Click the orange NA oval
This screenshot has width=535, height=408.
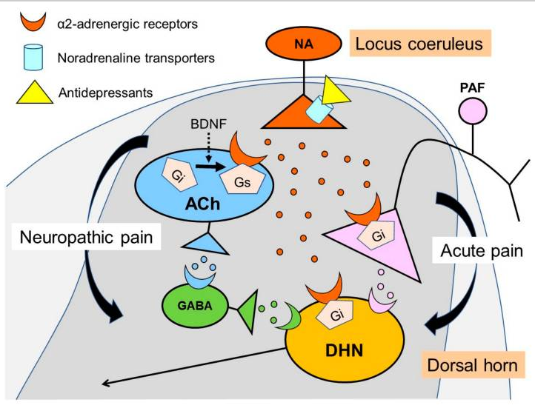click(304, 44)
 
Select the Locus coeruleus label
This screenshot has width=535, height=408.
click(419, 43)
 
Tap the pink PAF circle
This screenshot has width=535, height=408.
click(473, 111)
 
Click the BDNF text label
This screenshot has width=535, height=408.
click(208, 124)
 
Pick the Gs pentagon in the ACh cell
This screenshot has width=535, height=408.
click(242, 180)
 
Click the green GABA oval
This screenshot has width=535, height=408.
click(195, 306)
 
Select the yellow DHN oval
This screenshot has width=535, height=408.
click(345, 340)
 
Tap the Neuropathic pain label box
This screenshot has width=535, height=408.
click(86, 237)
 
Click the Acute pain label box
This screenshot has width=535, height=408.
click(482, 250)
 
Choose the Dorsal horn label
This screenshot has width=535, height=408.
click(473, 365)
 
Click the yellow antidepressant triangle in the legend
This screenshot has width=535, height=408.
click(35, 93)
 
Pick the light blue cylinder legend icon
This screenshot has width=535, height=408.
click(33, 57)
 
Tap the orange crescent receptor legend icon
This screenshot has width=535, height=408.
click(33, 22)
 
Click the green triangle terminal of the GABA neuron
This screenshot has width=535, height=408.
click(249, 311)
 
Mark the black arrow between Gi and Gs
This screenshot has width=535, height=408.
click(210, 167)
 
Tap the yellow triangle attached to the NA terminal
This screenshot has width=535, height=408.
click(333, 91)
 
